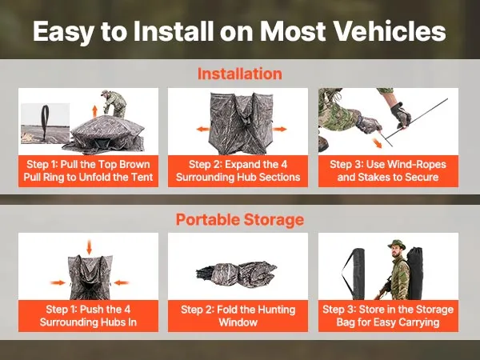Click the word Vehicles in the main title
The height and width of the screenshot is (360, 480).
click(x=385, y=31)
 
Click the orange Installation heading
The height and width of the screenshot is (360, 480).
click(x=240, y=74)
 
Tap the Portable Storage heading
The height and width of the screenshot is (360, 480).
click(x=240, y=219)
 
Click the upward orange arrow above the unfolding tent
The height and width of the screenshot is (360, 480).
click(x=95, y=110)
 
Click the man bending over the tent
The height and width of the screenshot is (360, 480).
click(x=114, y=103)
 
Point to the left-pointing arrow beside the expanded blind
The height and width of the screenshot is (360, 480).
click(x=203, y=129)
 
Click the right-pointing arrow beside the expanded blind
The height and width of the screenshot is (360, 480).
click(x=279, y=129)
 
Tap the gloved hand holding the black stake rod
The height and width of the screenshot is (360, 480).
click(x=401, y=115)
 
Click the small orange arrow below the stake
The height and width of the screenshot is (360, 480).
click(x=377, y=143)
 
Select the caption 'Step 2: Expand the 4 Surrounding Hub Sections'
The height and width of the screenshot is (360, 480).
click(x=238, y=171)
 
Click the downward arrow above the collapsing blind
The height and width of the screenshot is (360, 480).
click(x=89, y=247)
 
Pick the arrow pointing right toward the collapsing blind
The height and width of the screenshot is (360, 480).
click(x=58, y=282)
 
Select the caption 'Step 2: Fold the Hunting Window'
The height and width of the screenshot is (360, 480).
click(x=238, y=316)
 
